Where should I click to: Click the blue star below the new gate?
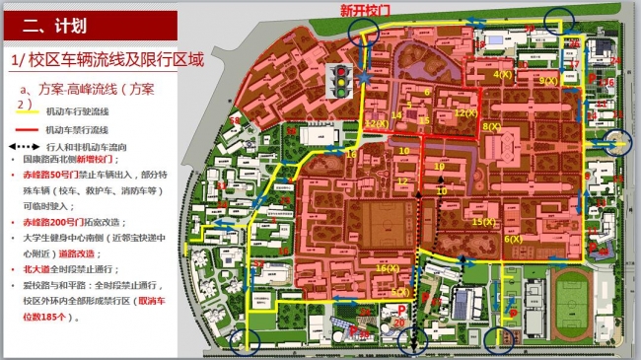pyautogui.click(x=365, y=76)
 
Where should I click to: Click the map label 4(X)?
pyautogui.click(x=502, y=75)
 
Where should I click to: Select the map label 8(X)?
pyautogui.click(x=491, y=126)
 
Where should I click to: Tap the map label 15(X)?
pyautogui.click(x=483, y=222)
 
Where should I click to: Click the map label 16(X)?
pyautogui.click(x=387, y=268)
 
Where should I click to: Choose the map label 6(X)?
pyautogui.click(x=513, y=239)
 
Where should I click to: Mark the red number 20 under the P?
pyautogui.click(x=399, y=323)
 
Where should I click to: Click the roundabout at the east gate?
pyautogui.click(x=619, y=144)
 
